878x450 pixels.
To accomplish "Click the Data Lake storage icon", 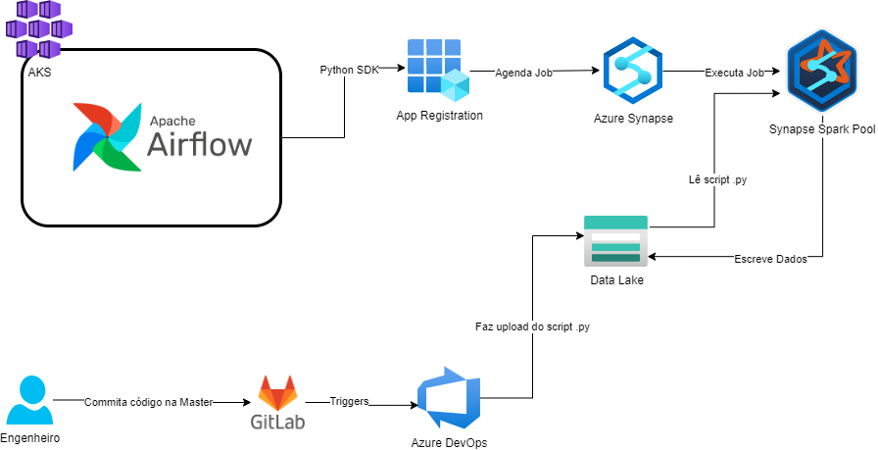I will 615,241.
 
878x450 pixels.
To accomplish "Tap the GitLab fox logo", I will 277,393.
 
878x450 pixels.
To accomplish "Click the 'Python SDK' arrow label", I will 349,70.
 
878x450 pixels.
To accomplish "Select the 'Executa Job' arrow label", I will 735,73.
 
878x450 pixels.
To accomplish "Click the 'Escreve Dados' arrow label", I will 769,259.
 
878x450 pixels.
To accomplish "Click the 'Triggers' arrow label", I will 349,402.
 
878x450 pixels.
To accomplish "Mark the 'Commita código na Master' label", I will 148,402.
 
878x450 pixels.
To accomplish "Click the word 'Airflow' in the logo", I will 199,145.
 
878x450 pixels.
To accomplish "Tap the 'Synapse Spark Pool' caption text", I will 821,128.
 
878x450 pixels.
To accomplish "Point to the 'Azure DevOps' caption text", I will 449,442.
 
